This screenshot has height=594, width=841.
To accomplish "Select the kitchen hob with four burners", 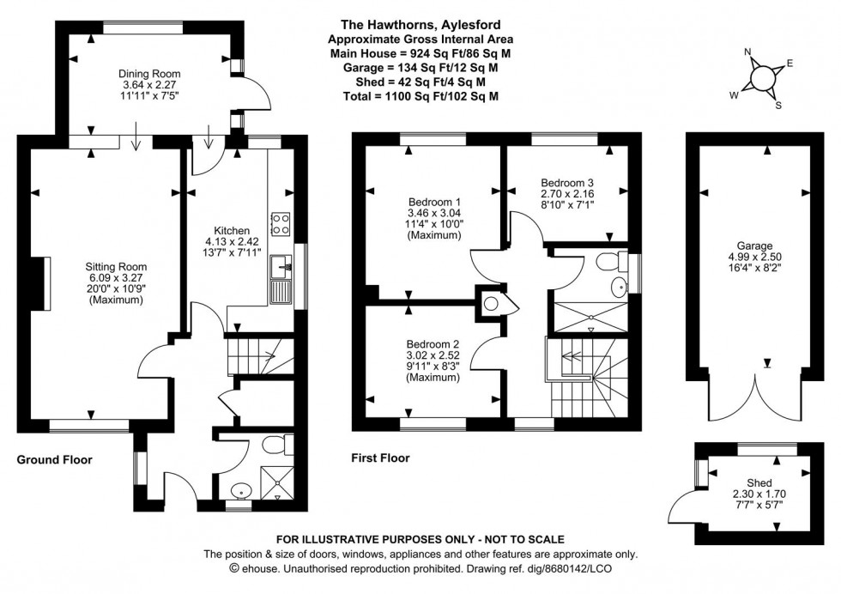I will tap(280, 224).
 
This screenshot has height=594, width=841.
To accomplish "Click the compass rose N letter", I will tap(748, 52).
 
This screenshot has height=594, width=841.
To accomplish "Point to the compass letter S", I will tap(777, 105).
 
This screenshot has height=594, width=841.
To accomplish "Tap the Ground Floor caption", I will tap(55, 460).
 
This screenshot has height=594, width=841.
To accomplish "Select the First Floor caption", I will tap(380, 458).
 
